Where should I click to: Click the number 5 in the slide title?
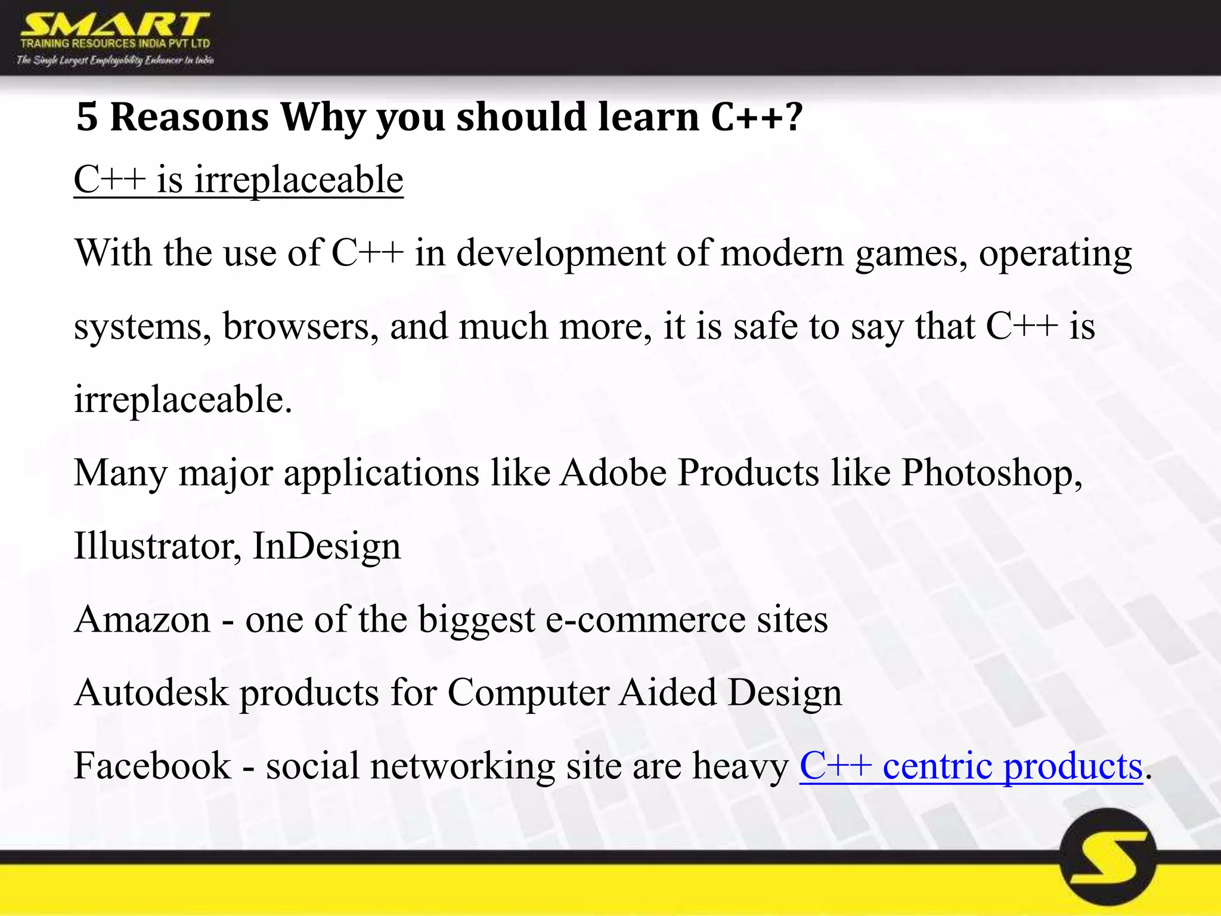click(87, 117)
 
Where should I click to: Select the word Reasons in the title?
click(190, 117)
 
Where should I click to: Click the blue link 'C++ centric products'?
click(971, 766)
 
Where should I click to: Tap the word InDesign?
click(327, 546)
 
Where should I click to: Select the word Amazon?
click(142, 620)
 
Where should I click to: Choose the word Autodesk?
click(151, 693)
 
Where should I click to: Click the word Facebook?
click(152, 766)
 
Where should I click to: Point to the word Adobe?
click(612, 474)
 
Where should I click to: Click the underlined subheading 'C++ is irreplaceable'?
click(238, 180)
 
